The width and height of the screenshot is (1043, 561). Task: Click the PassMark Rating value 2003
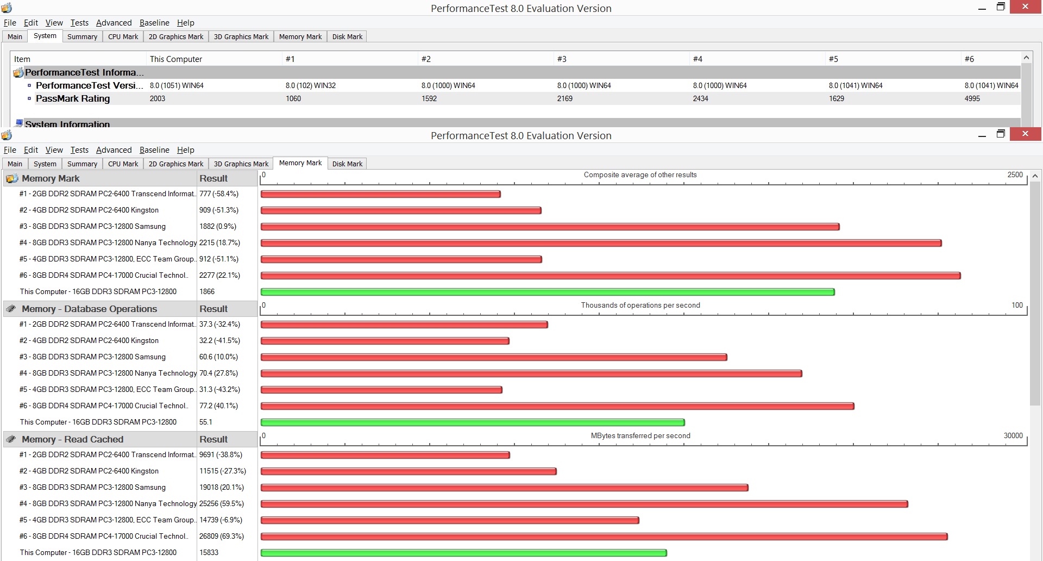tap(158, 98)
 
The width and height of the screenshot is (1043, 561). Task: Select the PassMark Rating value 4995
tap(972, 98)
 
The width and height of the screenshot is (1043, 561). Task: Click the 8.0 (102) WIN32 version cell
tap(311, 85)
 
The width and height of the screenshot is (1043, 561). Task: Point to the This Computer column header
tap(176, 59)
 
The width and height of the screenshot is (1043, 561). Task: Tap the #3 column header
tap(562, 59)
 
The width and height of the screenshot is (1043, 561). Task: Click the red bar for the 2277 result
tap(611, 276)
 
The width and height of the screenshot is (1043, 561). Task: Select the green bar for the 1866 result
tap(548, 292)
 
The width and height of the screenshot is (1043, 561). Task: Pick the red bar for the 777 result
tap(380, 194)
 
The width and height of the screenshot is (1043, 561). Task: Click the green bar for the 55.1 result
tap(473, 422)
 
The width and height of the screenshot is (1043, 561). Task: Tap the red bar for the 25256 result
tap(585, 504)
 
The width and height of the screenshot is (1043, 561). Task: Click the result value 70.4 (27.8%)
tap(218, 373)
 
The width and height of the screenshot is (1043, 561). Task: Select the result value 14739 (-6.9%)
tap(221, 520)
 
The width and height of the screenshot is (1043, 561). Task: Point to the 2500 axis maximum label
tap(1015, 174)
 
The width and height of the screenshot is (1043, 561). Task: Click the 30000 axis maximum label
tap(1013, 435)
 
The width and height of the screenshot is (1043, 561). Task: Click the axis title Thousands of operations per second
tap(640, 305)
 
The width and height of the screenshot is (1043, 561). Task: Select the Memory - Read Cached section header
tap(72, 439)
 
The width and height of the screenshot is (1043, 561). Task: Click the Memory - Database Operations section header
tap(89, 309)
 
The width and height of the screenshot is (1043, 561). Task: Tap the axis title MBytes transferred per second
tap(640, 435)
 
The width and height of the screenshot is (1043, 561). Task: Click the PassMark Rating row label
tap(73, 98)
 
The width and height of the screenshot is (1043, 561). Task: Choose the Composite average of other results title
tap(640, 174)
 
